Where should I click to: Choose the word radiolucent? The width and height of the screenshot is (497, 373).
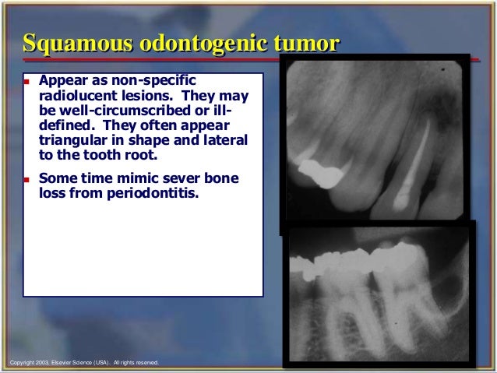pos(76,96)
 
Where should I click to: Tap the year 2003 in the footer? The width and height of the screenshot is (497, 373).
pos(38,362)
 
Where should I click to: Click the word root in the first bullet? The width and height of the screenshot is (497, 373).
pos(141,154)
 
